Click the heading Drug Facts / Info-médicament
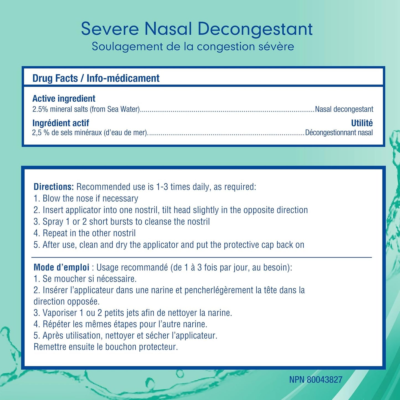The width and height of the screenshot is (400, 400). [96, 78]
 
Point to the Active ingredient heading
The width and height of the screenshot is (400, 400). [64, 99]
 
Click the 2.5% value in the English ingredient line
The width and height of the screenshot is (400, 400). [40, 109]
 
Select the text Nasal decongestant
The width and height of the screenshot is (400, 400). [344, 109]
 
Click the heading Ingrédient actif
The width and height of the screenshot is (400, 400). [61, 123]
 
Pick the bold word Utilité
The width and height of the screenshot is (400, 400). [362, 123]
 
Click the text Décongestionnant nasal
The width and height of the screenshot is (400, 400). [339, 133]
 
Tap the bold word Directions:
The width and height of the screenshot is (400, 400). [54, 187]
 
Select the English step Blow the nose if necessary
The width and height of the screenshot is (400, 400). [90, 198]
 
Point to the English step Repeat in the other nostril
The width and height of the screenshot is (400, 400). [89, 233]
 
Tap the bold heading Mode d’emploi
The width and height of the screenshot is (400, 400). [61, 267]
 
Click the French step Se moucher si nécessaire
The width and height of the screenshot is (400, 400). [89, 279]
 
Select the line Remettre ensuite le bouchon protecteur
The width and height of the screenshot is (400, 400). [105, 347]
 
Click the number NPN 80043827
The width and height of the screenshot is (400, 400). [316, 380]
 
